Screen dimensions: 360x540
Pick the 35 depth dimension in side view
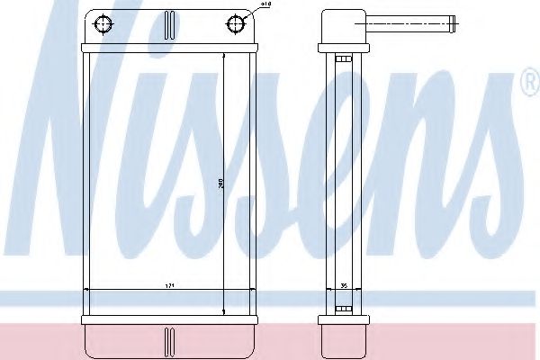pyautogui.click(x=343, y=285)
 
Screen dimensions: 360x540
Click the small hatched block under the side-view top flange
pyautogui.click(x=342, y=59)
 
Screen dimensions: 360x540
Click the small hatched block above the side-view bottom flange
pyautogui.click(x=342, y=310)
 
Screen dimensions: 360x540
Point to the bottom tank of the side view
pyautogui.click(x=342, y=339)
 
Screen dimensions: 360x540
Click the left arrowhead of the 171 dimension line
pyautogui.click(x=86, y=290)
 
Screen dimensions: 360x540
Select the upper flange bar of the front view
pyautogui.click(x=169, y=49)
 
